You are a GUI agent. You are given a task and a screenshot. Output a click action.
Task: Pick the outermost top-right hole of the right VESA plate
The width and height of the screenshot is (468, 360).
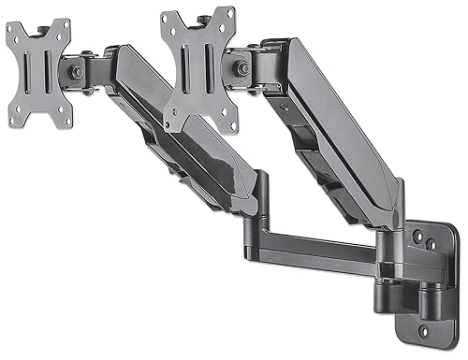point(230,13)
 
